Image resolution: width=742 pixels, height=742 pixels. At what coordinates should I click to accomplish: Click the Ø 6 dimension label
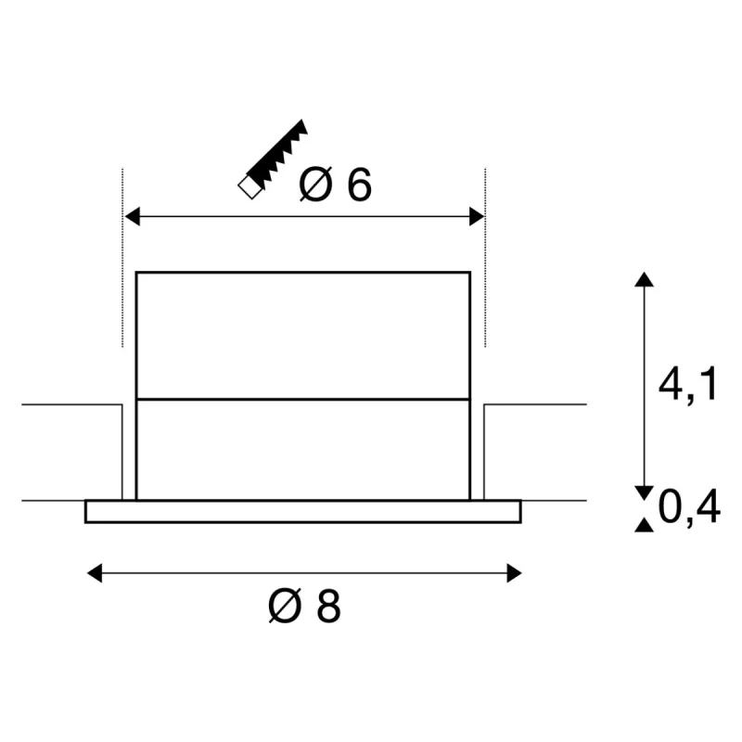[x=335, y=185]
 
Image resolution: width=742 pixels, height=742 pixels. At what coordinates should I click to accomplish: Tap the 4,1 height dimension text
[x=687, y=383]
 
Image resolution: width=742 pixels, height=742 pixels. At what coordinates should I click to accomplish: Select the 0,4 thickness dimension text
[x=689, y=507]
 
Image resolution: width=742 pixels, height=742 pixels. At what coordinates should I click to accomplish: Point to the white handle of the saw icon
[x=250, y=187]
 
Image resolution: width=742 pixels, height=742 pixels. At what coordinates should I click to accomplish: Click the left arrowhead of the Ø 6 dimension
[x=132, y=216]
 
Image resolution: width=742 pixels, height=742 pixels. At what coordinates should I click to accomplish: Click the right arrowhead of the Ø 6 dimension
[x=477, y=216]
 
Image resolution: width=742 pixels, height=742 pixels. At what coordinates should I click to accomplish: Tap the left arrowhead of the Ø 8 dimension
[x=95, y=573]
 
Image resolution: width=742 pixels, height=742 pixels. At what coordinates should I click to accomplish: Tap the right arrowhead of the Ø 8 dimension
[x=514, y=573]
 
